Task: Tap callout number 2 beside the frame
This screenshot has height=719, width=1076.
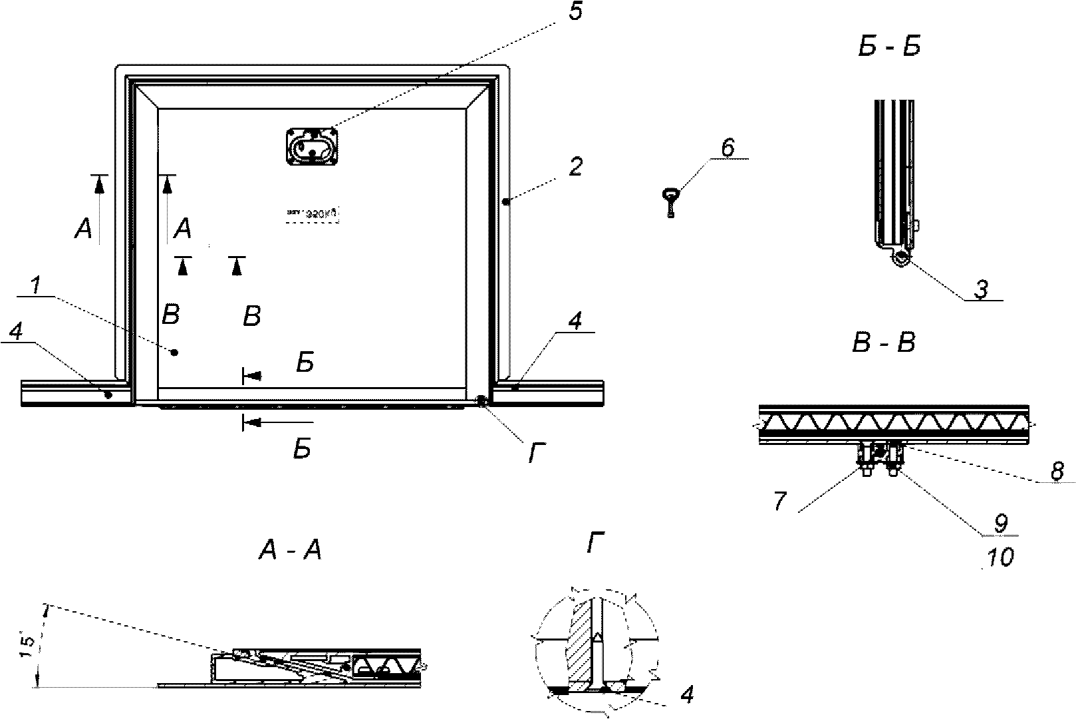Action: pyautogui.click(x=576, y=166)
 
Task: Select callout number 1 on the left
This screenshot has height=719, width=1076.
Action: pyautogui.click(x=37, y=286)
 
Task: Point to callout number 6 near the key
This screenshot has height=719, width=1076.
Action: pyautogui.click(x=728, y=148)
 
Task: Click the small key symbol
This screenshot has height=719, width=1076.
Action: pyautogui.click(x=670, y=201)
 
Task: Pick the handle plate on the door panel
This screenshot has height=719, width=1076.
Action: pyautogui.click(x=312, y=146)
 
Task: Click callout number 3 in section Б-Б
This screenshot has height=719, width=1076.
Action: pyautogui.click(x=981, y=289)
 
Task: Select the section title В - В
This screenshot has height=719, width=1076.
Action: pyautogui.click(x=884, y=343)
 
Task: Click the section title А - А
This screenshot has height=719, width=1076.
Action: pyautogui.click(x=290, y=550)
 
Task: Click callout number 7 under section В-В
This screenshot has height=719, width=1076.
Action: pyautogui.click(x=780, y=502)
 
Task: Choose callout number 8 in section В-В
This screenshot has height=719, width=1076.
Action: pyautogui.click(x=1057, y=471)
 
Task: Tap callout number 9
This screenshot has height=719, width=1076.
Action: pyautogui.click(x=1001, y=523)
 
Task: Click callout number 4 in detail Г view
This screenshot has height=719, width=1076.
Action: pyautogui.click(x=687, y=696)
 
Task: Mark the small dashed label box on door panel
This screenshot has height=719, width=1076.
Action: pyautogui.click(x=313, y=214)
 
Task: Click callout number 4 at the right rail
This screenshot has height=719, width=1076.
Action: pyautogui.click(x=575, y=322)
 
